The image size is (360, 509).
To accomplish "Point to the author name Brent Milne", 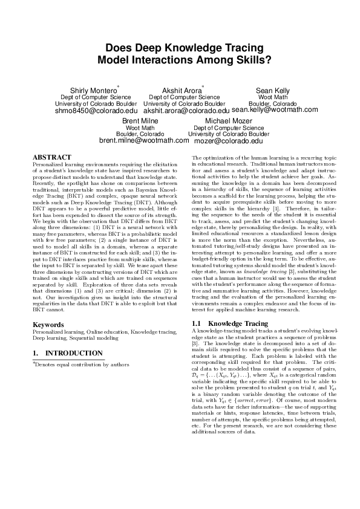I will point(140,122).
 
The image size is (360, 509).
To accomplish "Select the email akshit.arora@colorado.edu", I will point(186,111).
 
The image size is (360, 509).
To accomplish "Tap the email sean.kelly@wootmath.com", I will point(274,110).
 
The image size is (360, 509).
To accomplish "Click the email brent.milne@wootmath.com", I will point(144,140).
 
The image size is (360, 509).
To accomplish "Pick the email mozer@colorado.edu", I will point(228,141).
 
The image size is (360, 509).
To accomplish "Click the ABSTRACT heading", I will point(51,157).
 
